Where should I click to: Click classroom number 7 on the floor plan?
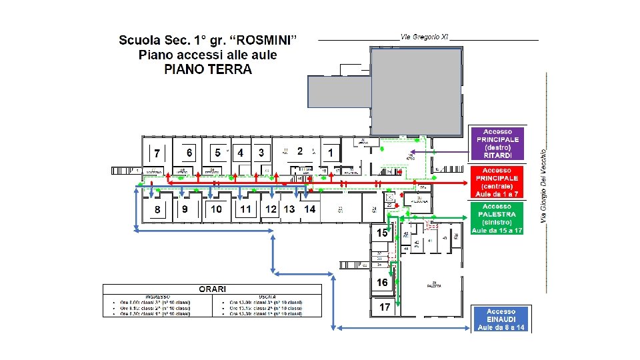pos(157,153)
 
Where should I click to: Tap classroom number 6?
pos(189,153)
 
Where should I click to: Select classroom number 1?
pos(331,153)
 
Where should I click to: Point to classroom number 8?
pos(157,209)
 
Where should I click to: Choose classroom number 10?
pos(216,209)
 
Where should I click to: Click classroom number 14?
pos(309,209)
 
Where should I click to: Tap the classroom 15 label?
pos(382,233)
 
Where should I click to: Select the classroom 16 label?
pos(382,283)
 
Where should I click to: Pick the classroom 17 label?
pos(385,307)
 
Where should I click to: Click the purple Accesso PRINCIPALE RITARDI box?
pos(498,143)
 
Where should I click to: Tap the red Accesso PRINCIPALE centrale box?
pos(498,182)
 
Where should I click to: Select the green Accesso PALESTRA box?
pos(497,219)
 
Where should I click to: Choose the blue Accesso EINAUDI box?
pos(501,319)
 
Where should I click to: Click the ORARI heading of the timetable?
pos(213,289)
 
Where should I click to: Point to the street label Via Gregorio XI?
pos(424,36)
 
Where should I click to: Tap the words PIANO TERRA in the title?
pos(208,69)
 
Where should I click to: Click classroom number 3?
pos(261,153)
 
